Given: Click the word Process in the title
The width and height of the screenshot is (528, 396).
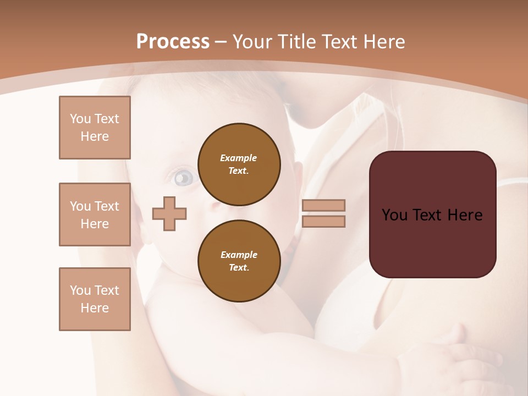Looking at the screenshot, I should click(x=173, y=41).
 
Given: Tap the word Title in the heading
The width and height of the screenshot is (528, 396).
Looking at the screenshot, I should click(x=295, y=41).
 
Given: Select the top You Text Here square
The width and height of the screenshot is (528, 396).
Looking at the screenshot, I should click(x=95, y=128).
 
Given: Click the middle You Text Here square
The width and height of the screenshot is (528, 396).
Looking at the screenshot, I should click(x=95, y=215).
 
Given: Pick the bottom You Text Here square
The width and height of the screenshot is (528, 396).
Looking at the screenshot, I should click(x=95, y=299).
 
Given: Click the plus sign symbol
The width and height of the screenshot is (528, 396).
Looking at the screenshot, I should click(x=169, y=213).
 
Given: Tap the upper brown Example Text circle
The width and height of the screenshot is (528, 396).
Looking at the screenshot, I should click(x=239, y=164).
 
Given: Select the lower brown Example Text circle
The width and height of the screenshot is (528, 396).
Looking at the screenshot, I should click(x=239, y=261).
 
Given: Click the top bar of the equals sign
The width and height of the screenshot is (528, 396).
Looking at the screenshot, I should click(x=323, y=206).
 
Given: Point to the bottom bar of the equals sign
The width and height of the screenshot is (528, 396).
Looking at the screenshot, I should click(x=323, y=222).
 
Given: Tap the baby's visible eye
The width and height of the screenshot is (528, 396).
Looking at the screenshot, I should click(x=184, y=178).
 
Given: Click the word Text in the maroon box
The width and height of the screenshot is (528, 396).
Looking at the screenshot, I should click(x=432, y=215).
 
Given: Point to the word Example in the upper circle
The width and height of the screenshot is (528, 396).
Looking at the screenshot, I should click(x=239, y=158).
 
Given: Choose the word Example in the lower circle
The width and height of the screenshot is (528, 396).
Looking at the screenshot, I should click(x=239, y=255).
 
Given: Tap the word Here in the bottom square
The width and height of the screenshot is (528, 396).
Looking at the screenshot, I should click(x=95, y=308).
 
